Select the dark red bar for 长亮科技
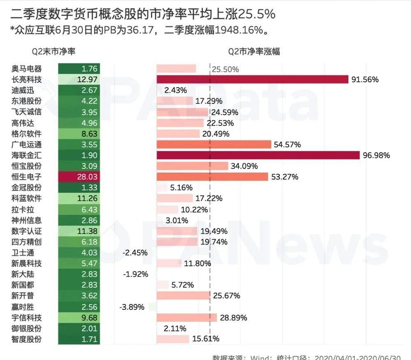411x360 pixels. pyautogui.click(x=252, y=80)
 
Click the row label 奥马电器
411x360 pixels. pyautogui.click(x=27, y=69)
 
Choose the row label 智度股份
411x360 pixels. pyautogui.click(x=27, y=339)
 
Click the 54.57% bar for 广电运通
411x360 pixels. pyautogui.click(x=214, y=145)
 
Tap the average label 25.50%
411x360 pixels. pyautogui.click(x=226, y=69)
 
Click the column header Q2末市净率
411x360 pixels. pyautogui.click(x=53, y=52)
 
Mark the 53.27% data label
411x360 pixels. pyautogui.click(x=284, y=177)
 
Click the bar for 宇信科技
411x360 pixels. pyautogui.click(x=187, y=318)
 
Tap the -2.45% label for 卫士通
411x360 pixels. pyautogui.click(x=135, y=253)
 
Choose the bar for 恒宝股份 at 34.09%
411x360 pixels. pyautogui.click(x=192, y=166)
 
